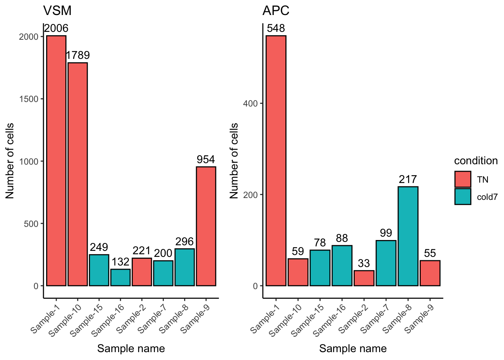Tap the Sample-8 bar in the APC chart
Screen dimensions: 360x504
[x=408, y=236]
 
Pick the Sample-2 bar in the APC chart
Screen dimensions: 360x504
[x=364, y=278]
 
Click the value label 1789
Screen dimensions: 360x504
[x=78, y=55]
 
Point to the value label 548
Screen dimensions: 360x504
[x=276, y=28]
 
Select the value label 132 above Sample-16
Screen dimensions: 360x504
[x=120, y=262]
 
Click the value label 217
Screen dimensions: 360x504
[x=408, y=180]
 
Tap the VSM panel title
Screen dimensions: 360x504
[x=57, y=10]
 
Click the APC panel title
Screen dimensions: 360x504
[x=276, y=10]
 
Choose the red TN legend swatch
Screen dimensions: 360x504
[x=463, y=179]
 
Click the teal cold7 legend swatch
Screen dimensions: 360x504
[x=463, y=196]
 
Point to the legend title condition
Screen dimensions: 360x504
[x=476, y=161]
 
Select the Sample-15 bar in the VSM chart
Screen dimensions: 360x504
[x=99, y=270]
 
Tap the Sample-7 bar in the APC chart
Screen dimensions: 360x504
[x=386, y=263]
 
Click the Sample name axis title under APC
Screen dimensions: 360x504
[x=353, y=349]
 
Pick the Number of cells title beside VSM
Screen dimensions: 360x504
[x=10, y=161]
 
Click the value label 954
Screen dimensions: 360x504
[x=206, y=160]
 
